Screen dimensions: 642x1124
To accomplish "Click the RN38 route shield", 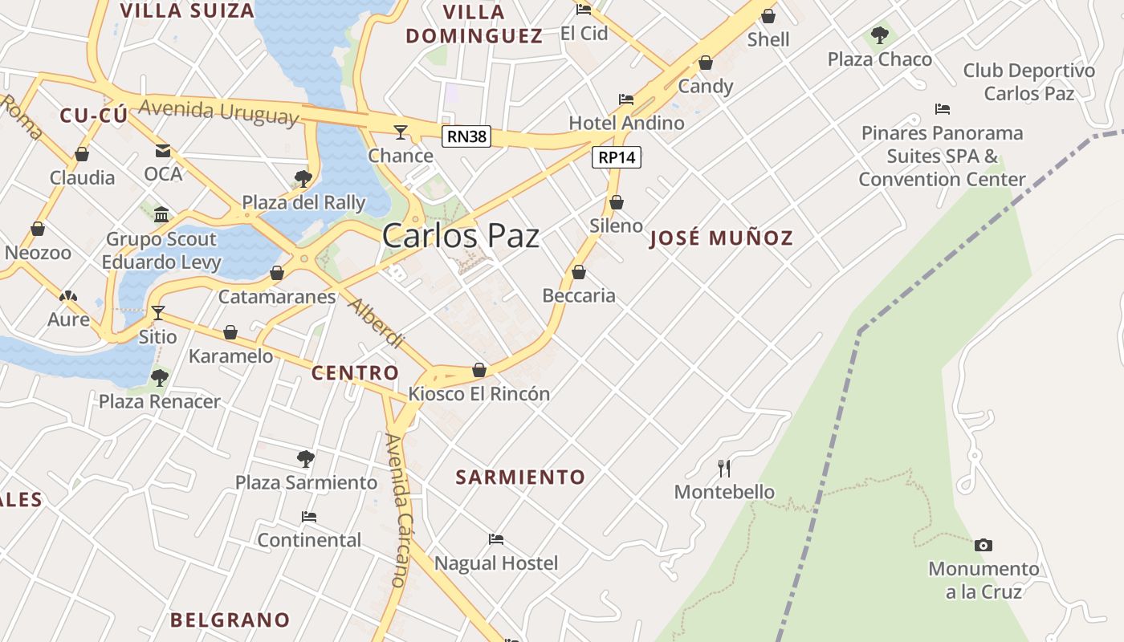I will pyautogui.click(x=466, y=136).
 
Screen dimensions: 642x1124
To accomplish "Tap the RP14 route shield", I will pyautogui.click(x=617, y=157).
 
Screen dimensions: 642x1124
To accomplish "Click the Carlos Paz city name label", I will pyautogui.click(x=460, y=236).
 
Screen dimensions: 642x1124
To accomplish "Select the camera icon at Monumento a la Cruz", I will pyautogui.click(x=983, y=545).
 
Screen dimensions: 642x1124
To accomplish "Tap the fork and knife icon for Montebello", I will pyautogui.click(x=724, y=468).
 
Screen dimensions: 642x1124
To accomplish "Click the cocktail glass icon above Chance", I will pyautogui.click(x=401, y=132).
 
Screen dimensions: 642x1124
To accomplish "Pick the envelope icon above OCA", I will pyautogui.click(x=163, y=150).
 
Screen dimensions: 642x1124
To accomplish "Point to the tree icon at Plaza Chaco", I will pyautogui.click(x=880, y=35).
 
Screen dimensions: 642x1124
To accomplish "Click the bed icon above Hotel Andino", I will pyautogui.click(x=626, y=100).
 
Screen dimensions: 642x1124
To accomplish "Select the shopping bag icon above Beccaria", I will pyautogui.click(x=579, y=272).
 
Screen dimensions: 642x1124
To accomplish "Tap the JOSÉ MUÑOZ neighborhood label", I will pyautogui.click(x=721, y=238).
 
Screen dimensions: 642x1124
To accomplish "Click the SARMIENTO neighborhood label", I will pyautogui.click(x=520, y=477).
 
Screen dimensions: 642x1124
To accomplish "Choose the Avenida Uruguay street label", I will pyautogui.click(x=218, y=111).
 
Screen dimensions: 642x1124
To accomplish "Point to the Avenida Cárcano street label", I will pyautogui.click(x=397, y=510).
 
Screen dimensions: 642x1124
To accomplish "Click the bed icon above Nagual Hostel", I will pyautogui.click(x=496, y=539).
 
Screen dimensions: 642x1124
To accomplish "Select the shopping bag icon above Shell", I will pyautogui.click(x=768, y=16).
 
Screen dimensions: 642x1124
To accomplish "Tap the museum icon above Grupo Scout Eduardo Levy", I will pyautogui.click(x=161, y=214).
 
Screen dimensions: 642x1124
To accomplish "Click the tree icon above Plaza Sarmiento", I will pyautogui.click(x=305, y=459).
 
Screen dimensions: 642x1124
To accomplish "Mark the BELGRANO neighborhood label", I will pyautogui.click(x=230, y=620).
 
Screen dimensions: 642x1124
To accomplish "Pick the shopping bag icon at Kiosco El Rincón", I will pyautogui.click(x=479, y=370).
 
